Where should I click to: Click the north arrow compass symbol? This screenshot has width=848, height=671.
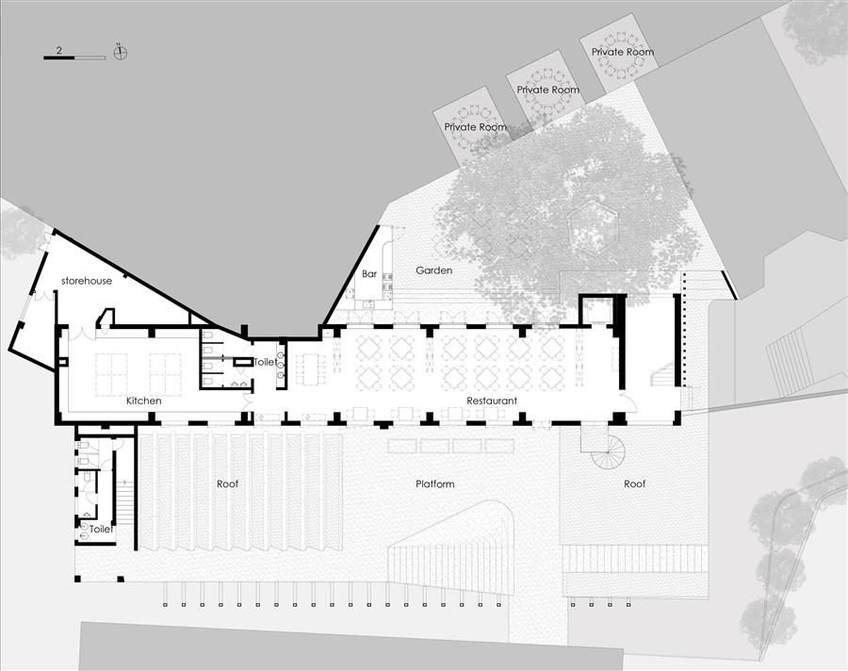120,52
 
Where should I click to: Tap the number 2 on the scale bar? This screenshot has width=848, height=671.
58,50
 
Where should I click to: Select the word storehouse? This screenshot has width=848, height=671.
87,281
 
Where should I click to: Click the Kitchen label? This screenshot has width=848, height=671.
144,401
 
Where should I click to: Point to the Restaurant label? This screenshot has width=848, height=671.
492,401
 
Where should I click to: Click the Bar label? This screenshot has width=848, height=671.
369,274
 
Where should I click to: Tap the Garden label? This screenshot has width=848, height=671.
434,270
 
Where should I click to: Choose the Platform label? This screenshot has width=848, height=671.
434,483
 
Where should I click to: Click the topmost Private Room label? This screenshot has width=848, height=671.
623,52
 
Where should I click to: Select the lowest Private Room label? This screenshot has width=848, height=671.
476,127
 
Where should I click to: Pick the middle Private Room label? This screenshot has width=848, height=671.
547,90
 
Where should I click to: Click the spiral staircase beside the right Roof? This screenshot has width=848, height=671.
608,451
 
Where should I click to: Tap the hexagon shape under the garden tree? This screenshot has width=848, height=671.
593,228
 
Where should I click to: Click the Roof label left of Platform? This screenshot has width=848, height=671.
227,483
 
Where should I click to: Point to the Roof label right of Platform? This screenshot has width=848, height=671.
634,483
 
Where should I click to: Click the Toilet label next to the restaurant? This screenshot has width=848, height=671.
266,362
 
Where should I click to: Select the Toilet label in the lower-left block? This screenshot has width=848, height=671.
101,529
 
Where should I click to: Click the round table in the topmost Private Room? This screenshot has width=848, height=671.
623,54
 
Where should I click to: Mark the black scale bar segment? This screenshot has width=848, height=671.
59,57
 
